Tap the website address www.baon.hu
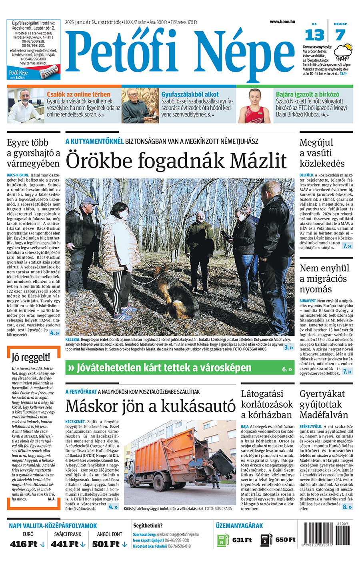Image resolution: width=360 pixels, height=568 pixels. click(282, 22)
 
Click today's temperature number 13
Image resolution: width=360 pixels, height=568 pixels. click(314, 36)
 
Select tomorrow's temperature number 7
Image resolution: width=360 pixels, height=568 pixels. click(340, 36)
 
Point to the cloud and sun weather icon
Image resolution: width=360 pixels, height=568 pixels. click(343, 52)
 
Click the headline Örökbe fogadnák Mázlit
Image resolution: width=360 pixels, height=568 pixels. click(176, 161)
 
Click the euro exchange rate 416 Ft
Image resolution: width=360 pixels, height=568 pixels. click(24, 544)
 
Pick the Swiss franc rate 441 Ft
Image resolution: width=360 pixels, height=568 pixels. click(65, 544)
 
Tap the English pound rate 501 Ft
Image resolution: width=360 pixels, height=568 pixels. click(106, 544)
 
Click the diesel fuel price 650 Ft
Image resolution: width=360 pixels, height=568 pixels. click(285, 540)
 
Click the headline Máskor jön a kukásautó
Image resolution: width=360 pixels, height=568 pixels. click(150, 406)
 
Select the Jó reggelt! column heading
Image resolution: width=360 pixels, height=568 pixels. click(31, 357)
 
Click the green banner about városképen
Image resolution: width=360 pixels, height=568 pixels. click(180, 368)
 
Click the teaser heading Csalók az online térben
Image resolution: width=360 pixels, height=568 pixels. click(78, 94)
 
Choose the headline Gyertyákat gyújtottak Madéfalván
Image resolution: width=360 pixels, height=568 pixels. click(324, 404)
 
